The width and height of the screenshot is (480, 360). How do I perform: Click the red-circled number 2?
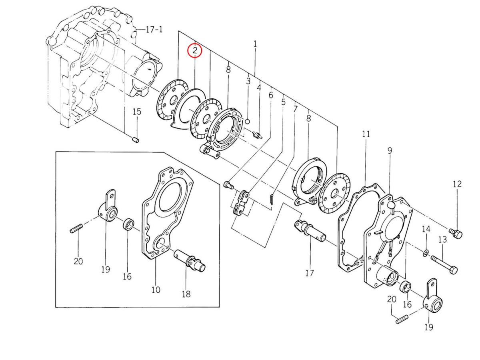(x=195, y=50)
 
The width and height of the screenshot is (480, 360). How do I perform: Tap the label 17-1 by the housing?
(x=154, y=29)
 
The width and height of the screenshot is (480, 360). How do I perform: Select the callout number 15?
(x=137, y=112)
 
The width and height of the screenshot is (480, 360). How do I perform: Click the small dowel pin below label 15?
(x=136, y=139)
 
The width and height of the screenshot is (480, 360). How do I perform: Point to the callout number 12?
(x=457, y=184)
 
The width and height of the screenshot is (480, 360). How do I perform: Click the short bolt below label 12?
(x=456, y=234)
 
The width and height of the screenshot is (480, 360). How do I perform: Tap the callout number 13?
(x=442, y=240)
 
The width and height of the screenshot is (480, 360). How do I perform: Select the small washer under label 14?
(x=425, y=253)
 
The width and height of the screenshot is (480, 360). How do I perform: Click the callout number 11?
(x=366, y=134)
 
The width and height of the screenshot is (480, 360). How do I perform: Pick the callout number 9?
(x=390, y=150)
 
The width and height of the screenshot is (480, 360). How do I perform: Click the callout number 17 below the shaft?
(x=310, y=273)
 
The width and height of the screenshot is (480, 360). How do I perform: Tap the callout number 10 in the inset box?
(x=156, y=290)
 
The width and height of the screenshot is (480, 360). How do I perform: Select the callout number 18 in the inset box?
(x=186, y=294)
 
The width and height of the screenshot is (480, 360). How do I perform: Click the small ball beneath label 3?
(x=248, y=121)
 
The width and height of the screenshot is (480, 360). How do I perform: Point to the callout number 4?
(x=259, y=88)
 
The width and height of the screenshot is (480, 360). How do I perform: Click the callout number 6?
(x=271, y=95)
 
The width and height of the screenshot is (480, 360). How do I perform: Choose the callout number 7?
(x=295, y=109)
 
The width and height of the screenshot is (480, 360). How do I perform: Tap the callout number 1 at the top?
(x=255, y=44)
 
